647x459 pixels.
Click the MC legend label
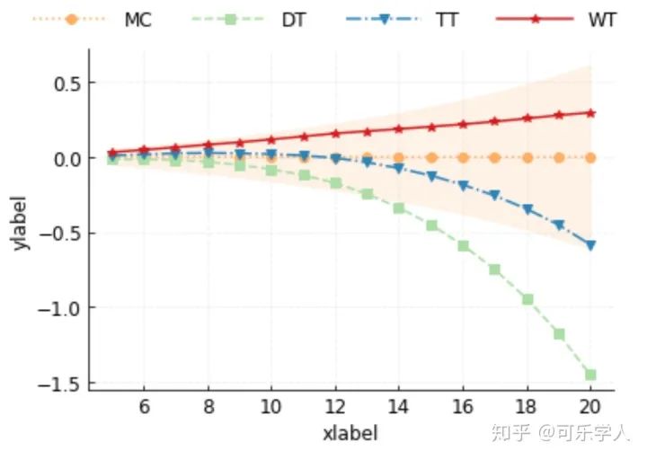[x=137, y=19]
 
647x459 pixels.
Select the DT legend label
[x=293, y=19]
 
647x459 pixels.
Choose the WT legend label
[x=602, y=19]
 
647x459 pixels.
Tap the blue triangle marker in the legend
[x=384, y=19]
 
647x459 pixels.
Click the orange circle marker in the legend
[x=72, y=19]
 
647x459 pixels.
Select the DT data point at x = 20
[x=590, y=375]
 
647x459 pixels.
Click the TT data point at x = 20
[x=590, y=245]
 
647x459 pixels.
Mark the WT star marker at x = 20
[x=590, y=113]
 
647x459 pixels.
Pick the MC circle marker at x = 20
[x=590, y=157]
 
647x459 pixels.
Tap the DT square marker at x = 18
[x=527, y=299]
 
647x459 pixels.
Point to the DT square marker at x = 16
[x=464, y=245]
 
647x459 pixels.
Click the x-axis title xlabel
[x=350, y=433]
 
